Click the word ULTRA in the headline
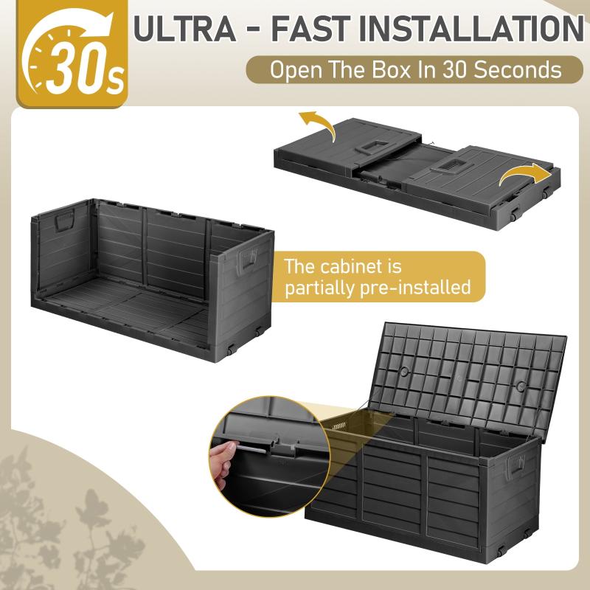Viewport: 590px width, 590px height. [x=185, y=29]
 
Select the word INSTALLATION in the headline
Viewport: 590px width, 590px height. [x=471, y=29]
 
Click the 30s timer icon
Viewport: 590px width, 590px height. [x=72, y=54]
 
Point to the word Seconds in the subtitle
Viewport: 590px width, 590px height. [x=517, y=69]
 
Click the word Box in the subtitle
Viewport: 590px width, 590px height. [x=392, y=69]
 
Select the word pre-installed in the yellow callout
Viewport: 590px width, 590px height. [x=415, y=287]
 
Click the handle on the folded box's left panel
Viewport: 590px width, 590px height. [x=372, y=147]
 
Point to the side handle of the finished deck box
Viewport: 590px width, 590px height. [x=516, y=466]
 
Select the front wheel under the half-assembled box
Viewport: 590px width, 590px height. [x=230, y=350]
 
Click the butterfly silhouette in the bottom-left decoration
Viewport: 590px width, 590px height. [x=91, y=509]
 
